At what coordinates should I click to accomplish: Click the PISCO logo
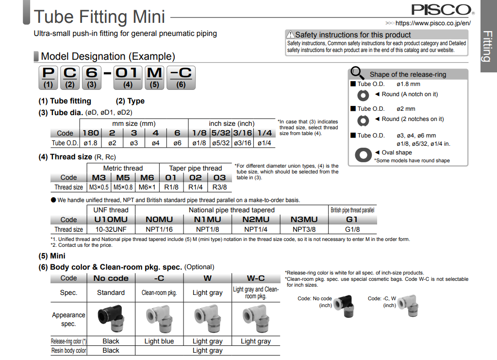click(441, 10)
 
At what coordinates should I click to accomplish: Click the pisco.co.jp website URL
click(433, 23)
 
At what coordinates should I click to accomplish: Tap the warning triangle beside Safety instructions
click(290, 34)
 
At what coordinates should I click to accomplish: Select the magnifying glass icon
click(357, 73)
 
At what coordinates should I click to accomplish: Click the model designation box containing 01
click(128, 78)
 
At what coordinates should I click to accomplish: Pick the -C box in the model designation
click(181, 78)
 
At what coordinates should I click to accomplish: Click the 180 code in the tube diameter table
click(91, 133)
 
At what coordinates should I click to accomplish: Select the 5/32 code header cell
click(221, 133)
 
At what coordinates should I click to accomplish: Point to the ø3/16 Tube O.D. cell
click(243, 143)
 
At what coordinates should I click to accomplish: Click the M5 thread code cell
click(123, 178)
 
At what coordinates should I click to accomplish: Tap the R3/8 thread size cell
click(220, 187)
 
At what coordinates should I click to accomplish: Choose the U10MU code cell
click(111, 220)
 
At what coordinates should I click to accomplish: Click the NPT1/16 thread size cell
click(159, 229)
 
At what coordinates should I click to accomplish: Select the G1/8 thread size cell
click(352, 229)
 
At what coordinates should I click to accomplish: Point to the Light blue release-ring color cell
click(159, 341)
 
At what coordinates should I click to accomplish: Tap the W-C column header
click(256, 278)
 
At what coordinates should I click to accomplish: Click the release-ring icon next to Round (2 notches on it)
click(363, 120)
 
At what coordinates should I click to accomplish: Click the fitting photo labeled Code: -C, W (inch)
click(408, 306)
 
